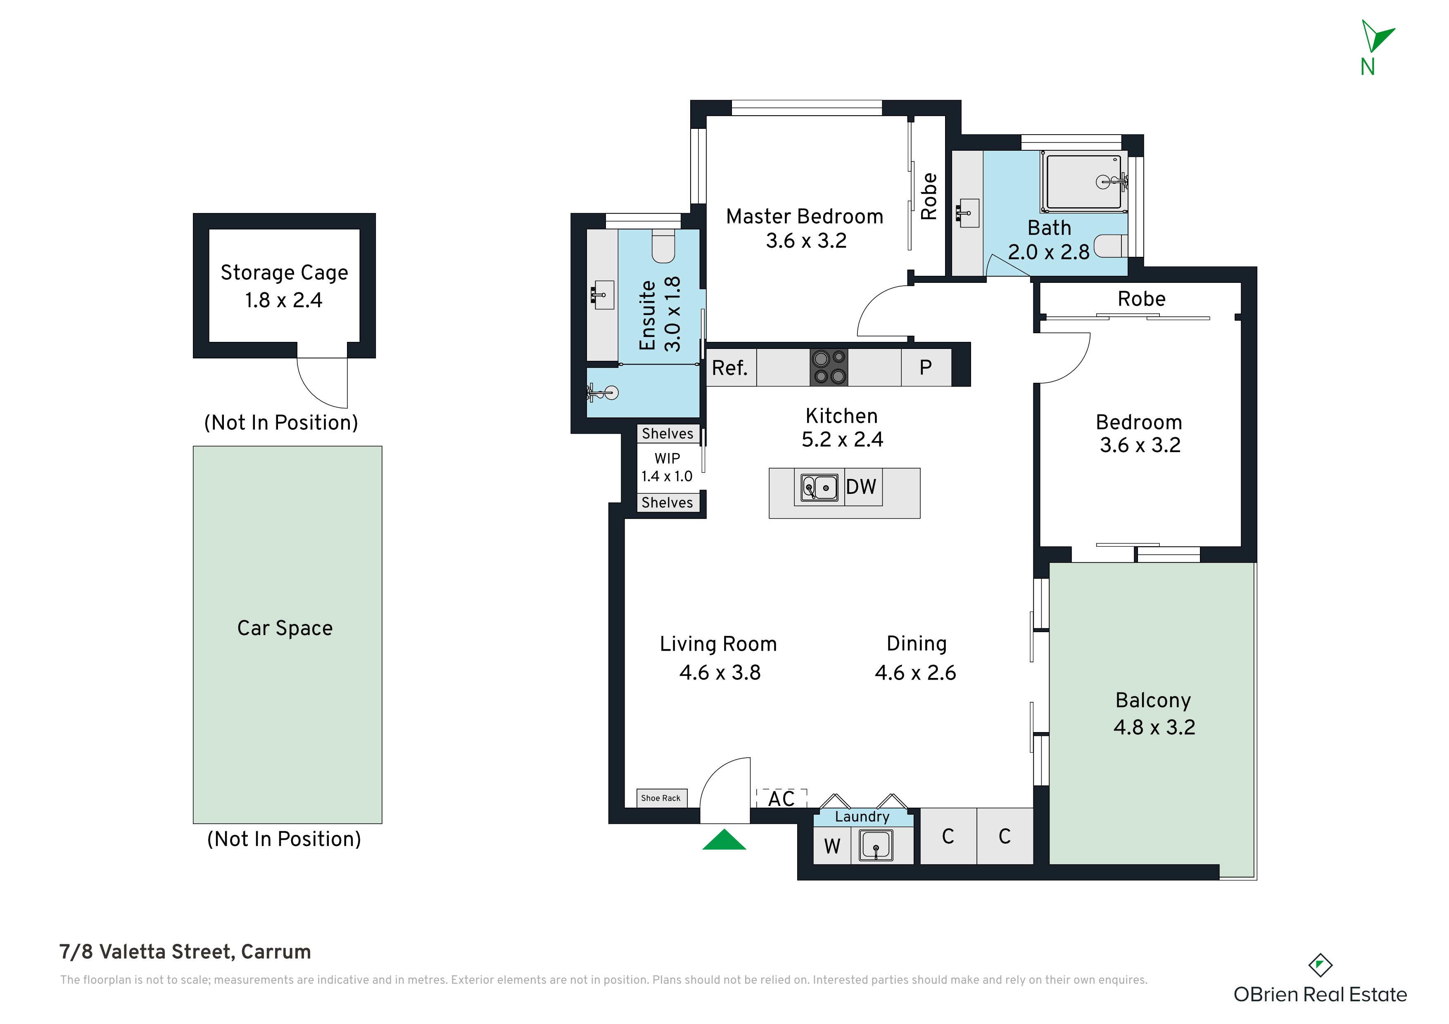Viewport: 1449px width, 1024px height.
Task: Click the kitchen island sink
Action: pyautogui.click(x=819, y=488)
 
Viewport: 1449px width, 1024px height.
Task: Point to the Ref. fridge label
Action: pyautogui.click(x=729, y=368)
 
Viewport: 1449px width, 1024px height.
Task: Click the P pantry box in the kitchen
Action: pyautogui.click(x=926, y=367)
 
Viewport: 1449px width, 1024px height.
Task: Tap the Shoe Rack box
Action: pyautogui.click(x=661, y=798)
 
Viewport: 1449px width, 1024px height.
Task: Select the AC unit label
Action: pyautogui.click(x=782, y=799)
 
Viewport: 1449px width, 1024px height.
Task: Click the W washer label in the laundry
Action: pyautogui.click(x=832, y=846)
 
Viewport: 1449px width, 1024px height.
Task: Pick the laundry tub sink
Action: pyautogui.click(x=876, y=846)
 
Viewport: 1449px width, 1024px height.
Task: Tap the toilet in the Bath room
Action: pyautogui.click(x=1111, y=246)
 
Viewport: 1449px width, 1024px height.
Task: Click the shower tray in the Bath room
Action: pyautogui.click(x=1083, y=182)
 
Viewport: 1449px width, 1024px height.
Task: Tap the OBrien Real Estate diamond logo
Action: pyautogui.click(x=1320, y=965)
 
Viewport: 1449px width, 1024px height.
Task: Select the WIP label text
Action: pyautogui.click(x=667, y=459)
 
